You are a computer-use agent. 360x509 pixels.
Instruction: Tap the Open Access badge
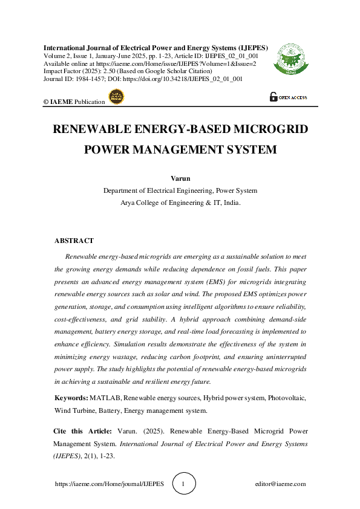[289, 97]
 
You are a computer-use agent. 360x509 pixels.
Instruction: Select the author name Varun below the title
[180, 179]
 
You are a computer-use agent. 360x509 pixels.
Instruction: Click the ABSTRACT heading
[74, 241]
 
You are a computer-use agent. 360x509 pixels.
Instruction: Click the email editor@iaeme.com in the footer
[281, 484]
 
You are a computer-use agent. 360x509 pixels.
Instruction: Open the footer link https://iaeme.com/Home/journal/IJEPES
[109, 484]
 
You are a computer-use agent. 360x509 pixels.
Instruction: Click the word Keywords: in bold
[71, 398]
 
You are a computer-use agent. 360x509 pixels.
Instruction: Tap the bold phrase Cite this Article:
[80, 431]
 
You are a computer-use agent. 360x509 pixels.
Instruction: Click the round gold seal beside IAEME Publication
[115, 97]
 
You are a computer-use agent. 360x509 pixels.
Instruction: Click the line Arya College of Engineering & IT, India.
[180, 203]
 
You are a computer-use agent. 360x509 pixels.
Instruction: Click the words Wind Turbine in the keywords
[75, 410]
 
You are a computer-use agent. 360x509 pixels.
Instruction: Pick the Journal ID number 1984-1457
[91, 79]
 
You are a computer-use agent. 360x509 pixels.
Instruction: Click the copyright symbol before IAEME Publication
[46, 102]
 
